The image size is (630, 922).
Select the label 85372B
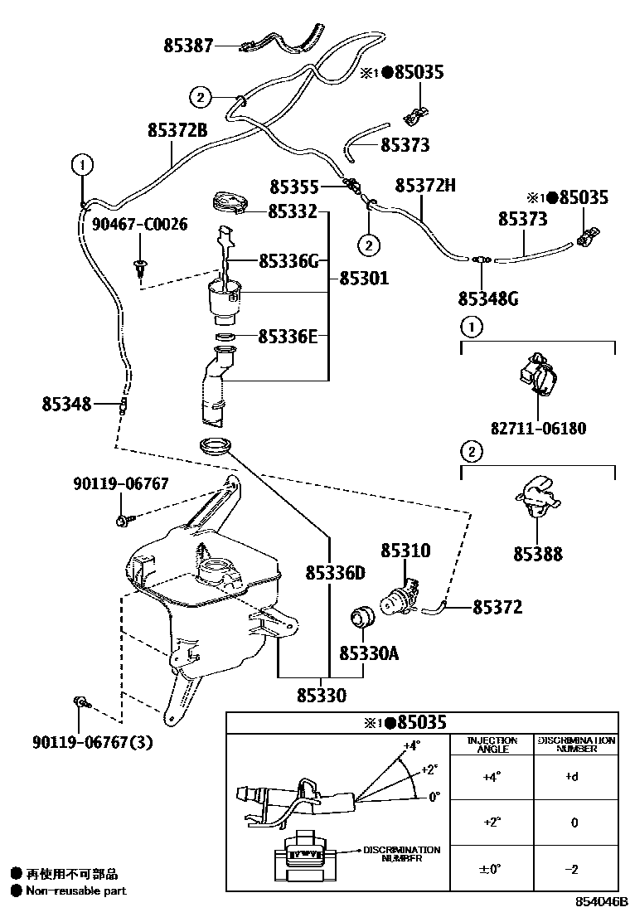[x=177, y=130]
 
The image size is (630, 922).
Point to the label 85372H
[x=425, y=185]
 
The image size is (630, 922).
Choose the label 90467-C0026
[x=139, y=224]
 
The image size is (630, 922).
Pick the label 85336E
[x=288, y=336]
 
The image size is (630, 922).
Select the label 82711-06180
[x=538, y=429]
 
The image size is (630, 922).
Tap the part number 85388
[x=537, y=554]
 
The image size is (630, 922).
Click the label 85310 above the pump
[x=406, y=551]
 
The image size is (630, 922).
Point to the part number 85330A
[x=369, y=653]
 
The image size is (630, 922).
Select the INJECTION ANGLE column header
[x=492, y=744]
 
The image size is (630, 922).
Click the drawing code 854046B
[x=599, y=900]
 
